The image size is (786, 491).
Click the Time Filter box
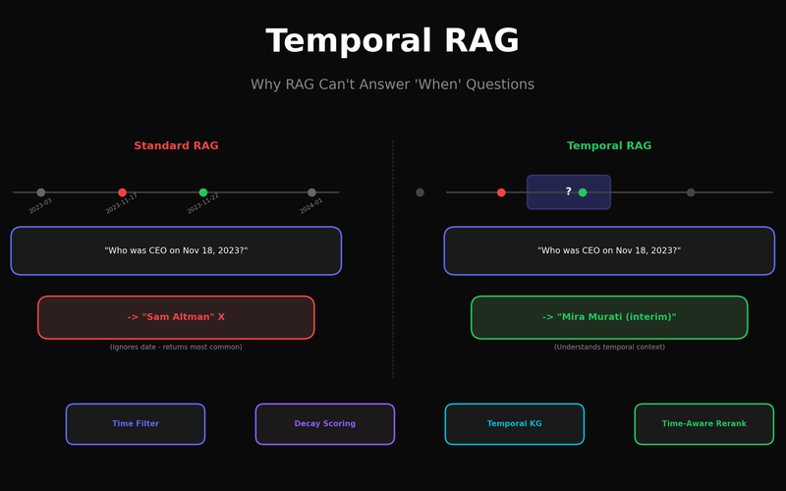coord(136,424)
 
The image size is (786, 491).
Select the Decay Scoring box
coord(324,424)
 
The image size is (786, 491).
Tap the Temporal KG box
coord(514,424)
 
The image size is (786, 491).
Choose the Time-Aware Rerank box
coord(703,424)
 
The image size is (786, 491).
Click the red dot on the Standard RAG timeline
coord(122,192)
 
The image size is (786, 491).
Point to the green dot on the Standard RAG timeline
coord(203,192)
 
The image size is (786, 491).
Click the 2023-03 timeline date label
coord(40,206)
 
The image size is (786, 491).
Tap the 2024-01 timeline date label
coord(311,206)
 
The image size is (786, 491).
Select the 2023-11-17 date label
coord(122,204)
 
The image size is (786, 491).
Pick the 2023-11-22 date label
coord(203,204)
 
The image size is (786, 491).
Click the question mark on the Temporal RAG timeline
coord(568,191)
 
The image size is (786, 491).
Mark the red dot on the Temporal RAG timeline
coord(501,192)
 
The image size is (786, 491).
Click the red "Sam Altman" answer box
coord(176,317)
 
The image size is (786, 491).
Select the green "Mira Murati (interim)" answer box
coord(609,317)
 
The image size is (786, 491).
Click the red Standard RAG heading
coord(176,146)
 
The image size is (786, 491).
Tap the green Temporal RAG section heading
coord(609,146)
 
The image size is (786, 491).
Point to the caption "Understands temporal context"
coord(609,347)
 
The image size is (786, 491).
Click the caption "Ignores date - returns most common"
coord(176,347)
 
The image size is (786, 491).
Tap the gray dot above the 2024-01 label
coord(311,192)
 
